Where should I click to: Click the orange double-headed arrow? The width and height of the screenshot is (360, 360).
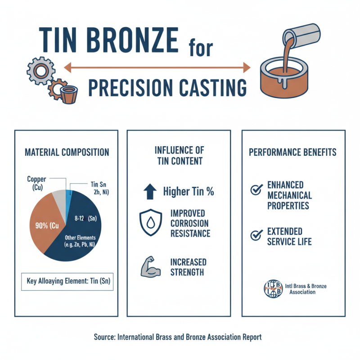pos(157,68)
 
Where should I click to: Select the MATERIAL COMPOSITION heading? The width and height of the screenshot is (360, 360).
pos(67,153)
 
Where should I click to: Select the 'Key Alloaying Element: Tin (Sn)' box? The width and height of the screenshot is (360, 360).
pos(67,282)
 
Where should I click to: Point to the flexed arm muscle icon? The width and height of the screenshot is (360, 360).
pos(150,266)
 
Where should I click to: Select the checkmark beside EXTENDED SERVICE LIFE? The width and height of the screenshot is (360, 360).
pos(256,234)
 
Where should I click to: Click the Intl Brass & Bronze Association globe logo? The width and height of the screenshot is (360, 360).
pos(272,288)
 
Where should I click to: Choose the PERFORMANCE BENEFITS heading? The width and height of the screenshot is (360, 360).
pos(292,152)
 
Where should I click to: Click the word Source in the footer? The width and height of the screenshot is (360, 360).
pos(105,337)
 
